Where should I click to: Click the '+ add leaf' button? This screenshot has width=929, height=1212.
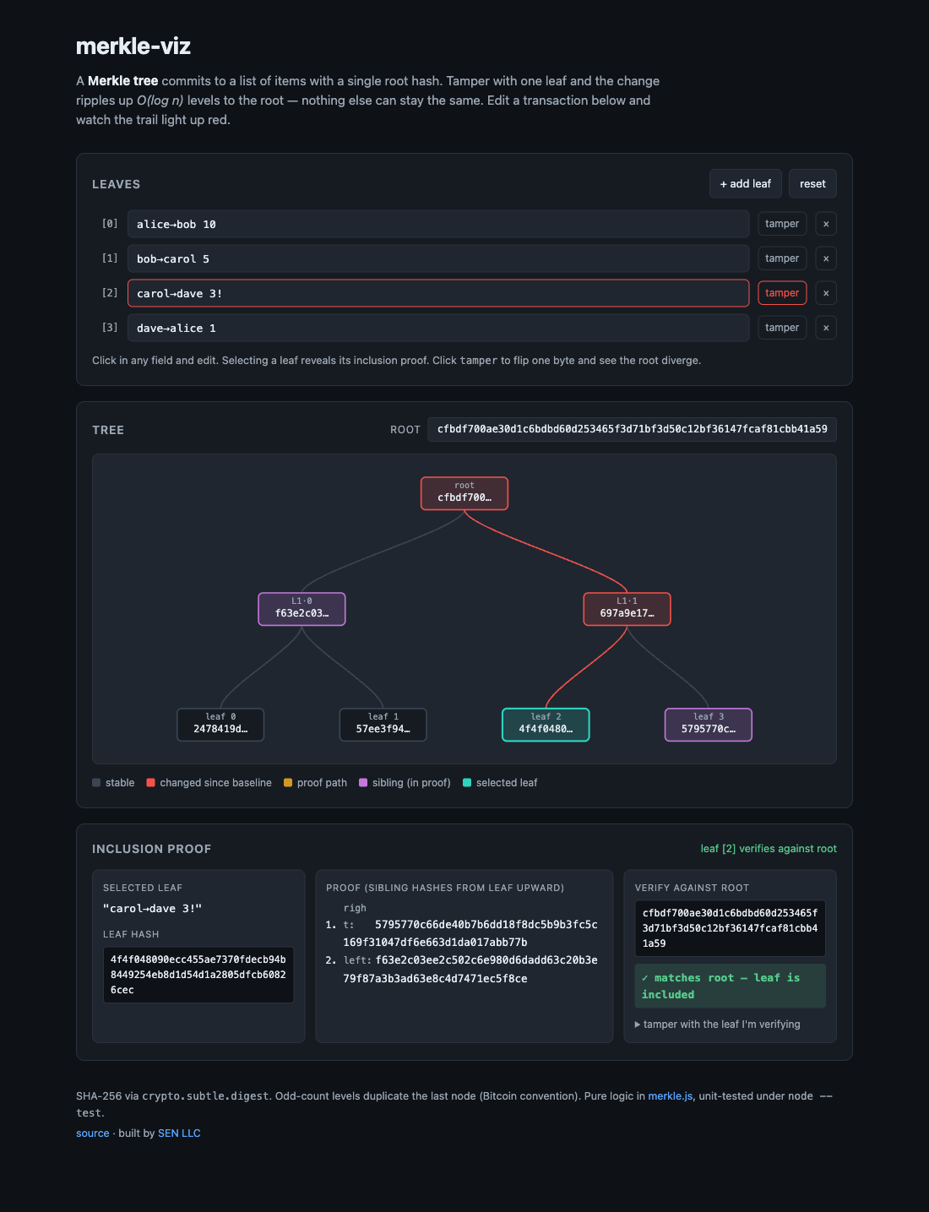coord(745,183)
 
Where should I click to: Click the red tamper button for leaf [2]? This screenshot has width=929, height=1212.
coord(782,293)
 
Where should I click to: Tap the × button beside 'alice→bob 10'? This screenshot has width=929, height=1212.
coord(826,224)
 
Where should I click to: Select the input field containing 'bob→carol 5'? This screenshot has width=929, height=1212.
coord(437,258)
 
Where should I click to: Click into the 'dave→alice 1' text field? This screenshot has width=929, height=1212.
coord(437,328)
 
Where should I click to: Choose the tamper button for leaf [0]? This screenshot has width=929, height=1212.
coord(782,224)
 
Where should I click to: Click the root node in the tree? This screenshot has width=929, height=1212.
coord(464,493)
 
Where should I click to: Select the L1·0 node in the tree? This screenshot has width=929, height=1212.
coord(302,609)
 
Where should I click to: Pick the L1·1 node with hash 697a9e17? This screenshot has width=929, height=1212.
coord(627,609)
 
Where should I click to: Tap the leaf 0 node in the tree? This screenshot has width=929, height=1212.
coord(220,725)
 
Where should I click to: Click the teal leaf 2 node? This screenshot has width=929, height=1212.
coord(546,725)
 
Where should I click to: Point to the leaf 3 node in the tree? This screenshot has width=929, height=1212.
coord(709,725)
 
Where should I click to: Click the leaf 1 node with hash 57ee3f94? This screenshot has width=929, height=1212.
coord(383,725)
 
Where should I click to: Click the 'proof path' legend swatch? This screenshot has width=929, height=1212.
coord(288,783)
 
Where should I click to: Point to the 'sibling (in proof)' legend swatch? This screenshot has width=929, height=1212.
coord(363,783)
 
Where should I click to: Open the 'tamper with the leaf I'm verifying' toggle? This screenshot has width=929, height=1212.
coord(717,1024)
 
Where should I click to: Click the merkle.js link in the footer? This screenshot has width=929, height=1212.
coord(670,1096)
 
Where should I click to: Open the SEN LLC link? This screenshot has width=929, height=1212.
coord(179,1133)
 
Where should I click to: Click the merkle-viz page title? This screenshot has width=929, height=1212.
coord(133,46)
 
